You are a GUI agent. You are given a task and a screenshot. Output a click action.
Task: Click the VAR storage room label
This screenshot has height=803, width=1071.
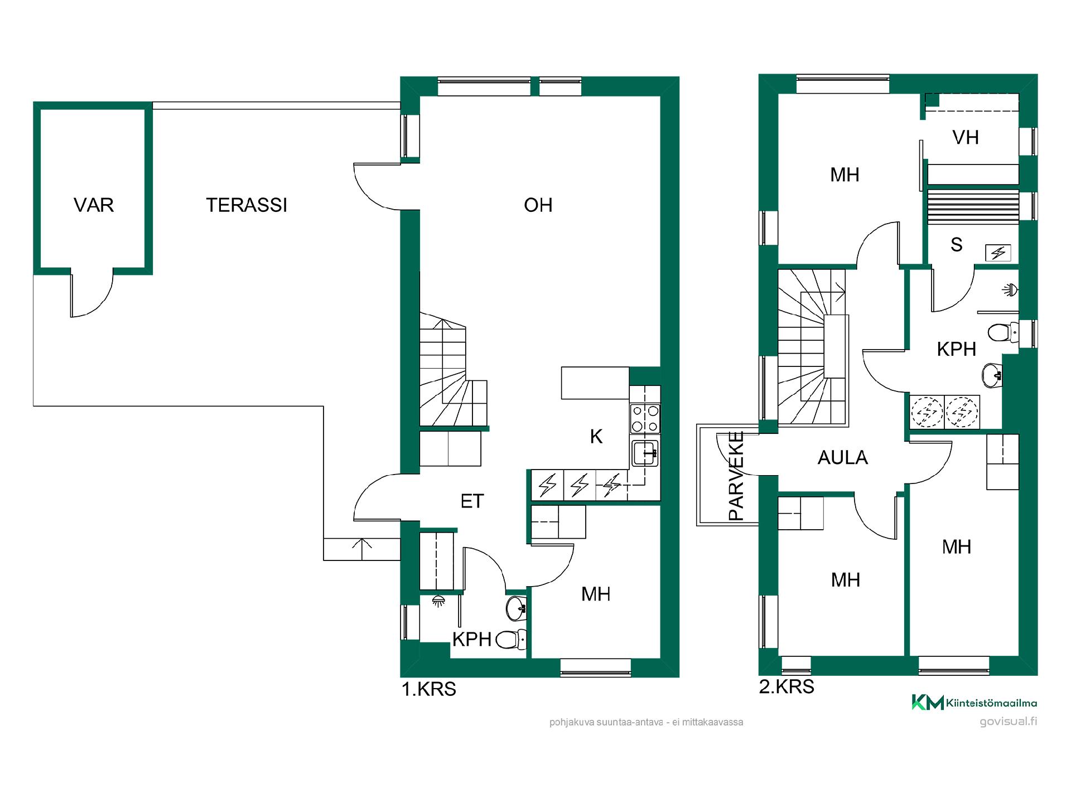[94, 205]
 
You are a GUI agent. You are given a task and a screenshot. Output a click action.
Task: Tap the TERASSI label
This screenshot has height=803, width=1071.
[247, 205]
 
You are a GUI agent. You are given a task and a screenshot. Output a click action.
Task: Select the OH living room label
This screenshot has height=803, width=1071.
[538, 205]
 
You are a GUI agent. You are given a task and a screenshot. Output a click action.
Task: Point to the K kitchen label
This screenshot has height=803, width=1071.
[596, 437]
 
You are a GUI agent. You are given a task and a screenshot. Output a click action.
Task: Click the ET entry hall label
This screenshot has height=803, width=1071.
[472, 501]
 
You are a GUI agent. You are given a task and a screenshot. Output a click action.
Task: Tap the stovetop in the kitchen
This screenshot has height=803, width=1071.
[645, 419]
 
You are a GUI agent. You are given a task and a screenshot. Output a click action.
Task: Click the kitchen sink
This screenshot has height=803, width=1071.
[645, 453]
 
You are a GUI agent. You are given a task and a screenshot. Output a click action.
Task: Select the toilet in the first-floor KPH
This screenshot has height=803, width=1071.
[510, 639]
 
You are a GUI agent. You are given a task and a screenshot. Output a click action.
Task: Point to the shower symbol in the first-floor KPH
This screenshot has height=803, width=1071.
[439, 601]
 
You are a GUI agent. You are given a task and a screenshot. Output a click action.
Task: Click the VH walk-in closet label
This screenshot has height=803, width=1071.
[966, 137]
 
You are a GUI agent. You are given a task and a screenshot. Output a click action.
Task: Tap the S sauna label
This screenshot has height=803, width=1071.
[957, 244]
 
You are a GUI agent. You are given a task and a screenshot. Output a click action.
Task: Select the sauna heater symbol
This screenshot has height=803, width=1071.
[998, 253]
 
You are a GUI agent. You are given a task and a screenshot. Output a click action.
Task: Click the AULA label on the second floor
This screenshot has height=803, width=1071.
[843, 458]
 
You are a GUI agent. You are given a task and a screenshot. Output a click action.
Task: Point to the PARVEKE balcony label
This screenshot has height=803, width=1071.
[736, 476]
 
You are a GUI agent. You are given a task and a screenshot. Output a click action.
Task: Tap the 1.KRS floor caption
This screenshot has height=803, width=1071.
[429, 690]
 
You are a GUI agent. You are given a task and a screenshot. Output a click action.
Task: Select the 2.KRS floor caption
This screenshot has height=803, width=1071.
[787, 687]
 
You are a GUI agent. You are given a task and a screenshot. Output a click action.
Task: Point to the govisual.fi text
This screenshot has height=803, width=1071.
[1009, 721]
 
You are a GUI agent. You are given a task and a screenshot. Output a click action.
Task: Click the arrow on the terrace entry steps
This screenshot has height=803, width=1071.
[363, 549]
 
